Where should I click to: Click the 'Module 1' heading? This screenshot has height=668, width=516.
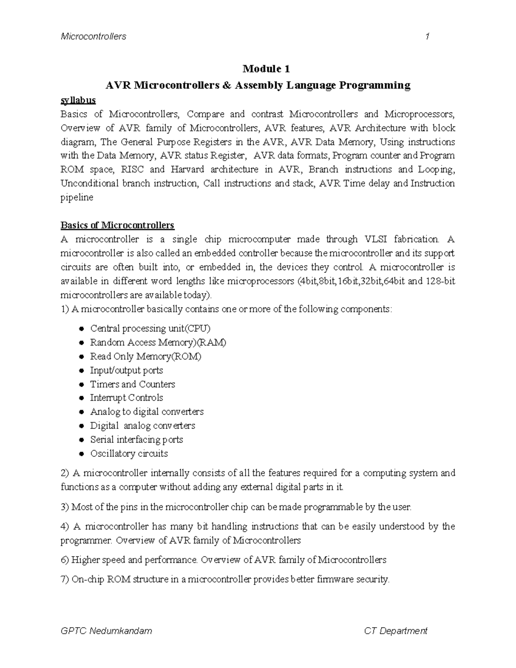coord(267,69)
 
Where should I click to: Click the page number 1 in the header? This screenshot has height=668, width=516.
coord(427,37)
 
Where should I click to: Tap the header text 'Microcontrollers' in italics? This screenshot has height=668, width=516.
coord(93,37)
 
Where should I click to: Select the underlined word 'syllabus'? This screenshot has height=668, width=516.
coord(78,100)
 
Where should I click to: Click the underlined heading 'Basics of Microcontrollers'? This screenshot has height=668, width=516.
coord(117,225)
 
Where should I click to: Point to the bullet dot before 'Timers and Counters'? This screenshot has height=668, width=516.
coord(81,385)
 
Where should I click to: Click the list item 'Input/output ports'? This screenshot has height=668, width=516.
coord(126,370)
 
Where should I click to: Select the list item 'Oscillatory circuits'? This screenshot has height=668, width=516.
coord(129,453)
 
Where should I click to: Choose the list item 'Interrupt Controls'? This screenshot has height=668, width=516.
coord(126,398)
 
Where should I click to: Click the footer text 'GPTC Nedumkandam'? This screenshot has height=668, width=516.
coord(106,631)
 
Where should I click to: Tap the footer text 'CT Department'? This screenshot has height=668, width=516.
coord(396,631)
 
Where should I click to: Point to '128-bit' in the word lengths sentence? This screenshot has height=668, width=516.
coord(440,281)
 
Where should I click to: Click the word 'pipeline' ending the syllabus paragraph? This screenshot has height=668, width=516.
coord(77,197)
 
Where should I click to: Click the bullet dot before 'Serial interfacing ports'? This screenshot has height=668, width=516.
coord(81,440)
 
